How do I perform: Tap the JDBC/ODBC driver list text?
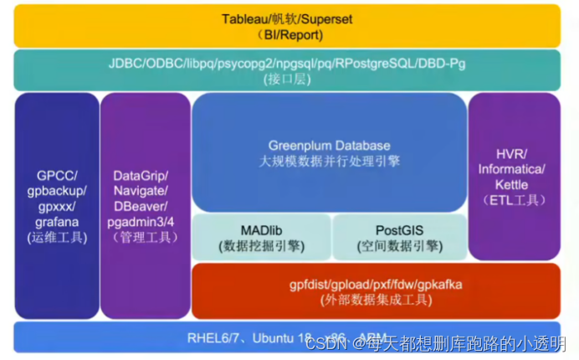[287, 63]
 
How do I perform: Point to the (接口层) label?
[287, 79]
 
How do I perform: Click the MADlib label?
[262, 229]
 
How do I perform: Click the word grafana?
[56, 222]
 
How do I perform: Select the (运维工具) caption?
[56, 237]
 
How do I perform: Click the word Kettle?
[511, 184]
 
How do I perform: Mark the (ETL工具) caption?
[511, 200]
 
